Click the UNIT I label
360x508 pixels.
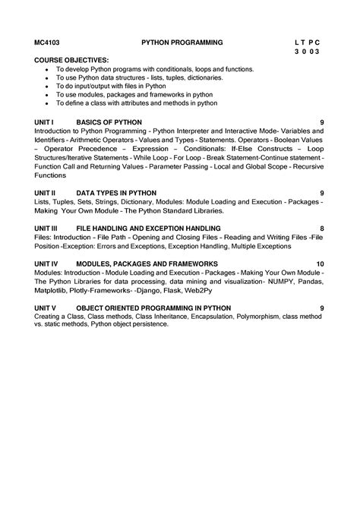[x=47, y=121]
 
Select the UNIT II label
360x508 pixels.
[x=48, y=193]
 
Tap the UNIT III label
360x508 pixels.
[x=49, y=228]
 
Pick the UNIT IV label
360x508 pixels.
[x=49, y=263]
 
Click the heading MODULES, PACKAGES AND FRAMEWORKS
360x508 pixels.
[x=142, y=263]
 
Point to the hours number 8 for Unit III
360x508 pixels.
[x=322, y=228]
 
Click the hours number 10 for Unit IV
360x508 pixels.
[x=321, y=263]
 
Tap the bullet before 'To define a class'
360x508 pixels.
[x=47, y=103]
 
